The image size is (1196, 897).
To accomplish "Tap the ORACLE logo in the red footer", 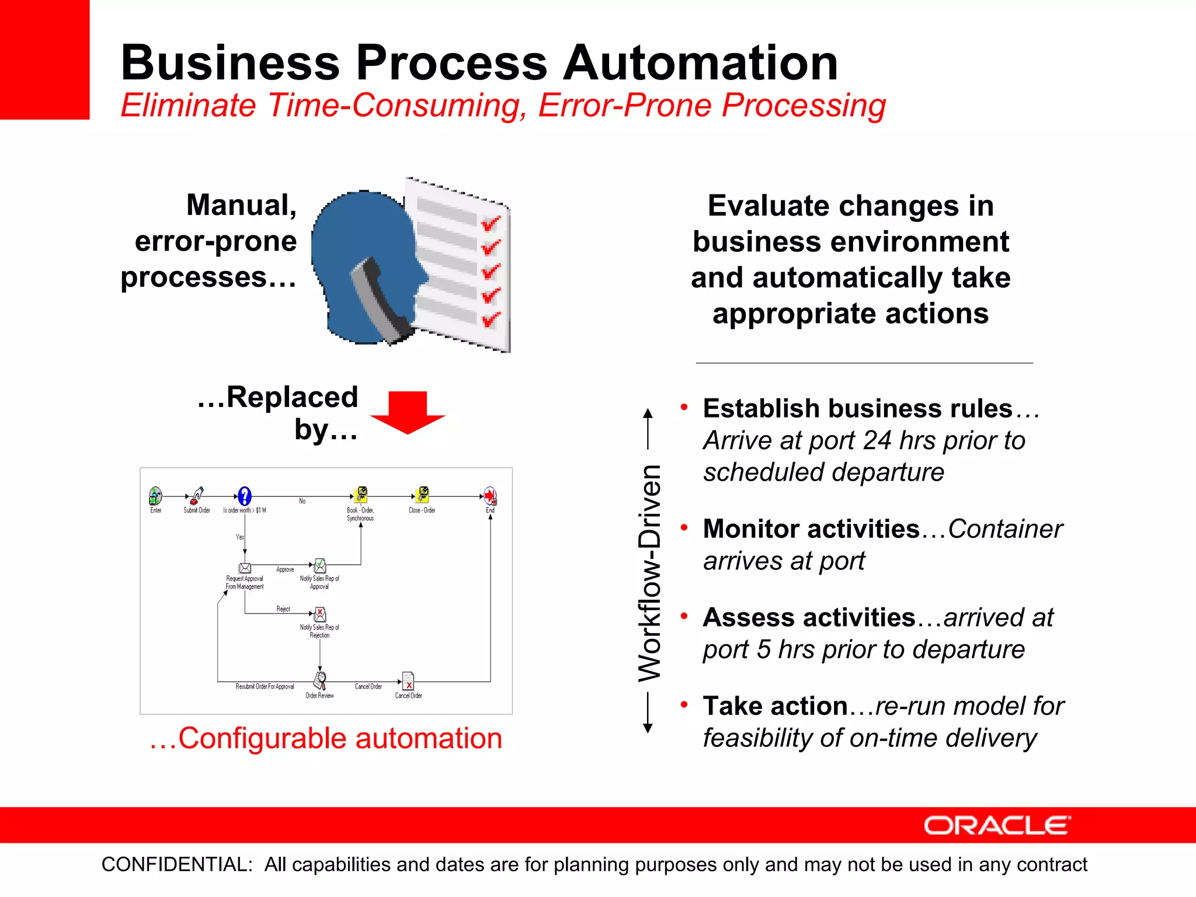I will [997, 825].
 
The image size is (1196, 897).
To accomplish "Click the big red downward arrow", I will [408, 412].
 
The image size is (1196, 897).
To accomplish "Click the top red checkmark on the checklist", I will [491, 223].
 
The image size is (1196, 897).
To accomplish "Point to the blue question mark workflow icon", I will [245, 496].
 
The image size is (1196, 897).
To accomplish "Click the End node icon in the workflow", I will [490, 496].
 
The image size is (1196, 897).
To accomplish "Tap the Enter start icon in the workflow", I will [155, 496].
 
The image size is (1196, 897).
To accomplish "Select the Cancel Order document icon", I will [408, 681].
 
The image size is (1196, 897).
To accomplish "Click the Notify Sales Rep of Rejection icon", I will [320, 614].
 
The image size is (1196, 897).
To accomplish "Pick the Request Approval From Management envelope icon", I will [245, 568].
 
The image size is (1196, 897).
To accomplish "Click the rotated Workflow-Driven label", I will [649, 572].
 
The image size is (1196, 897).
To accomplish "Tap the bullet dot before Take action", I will [684, 704].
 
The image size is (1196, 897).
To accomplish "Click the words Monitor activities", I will [811, 529].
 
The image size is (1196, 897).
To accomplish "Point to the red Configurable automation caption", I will [326, 738].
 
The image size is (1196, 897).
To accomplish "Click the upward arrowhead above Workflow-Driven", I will [648, 413].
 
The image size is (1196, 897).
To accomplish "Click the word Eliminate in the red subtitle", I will [188, 106].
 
